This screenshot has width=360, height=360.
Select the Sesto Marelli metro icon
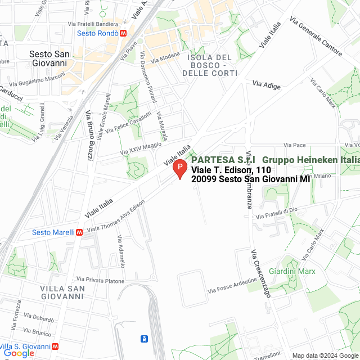pyautogui.click(x=79, y=232)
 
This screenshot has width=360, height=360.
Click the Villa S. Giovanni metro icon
pyautogui.click(x=55, y=348)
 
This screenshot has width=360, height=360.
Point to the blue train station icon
pyautogui.click(x=145, y=339)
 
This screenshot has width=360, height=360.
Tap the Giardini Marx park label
pyautogui.click(x=292, y=271)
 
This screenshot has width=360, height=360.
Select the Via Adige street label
pyautogui.click(x=266, y=84)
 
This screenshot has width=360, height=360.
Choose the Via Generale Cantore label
pyautogui.click(x=316, y=36)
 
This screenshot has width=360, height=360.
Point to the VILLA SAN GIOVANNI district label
pyautogui.click(x=62, y=292)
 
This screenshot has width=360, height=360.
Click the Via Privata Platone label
pyautogui.click(x=101, y=280)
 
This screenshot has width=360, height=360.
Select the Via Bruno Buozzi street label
pyautogui.click(x=89, y=134)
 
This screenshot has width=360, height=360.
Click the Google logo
pyautogui.click(x=19, y=353)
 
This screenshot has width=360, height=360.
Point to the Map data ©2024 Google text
pyautogui.click(x=325, y=355)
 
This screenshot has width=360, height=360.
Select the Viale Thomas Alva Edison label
pyautogui.click(x=120, y=217)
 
